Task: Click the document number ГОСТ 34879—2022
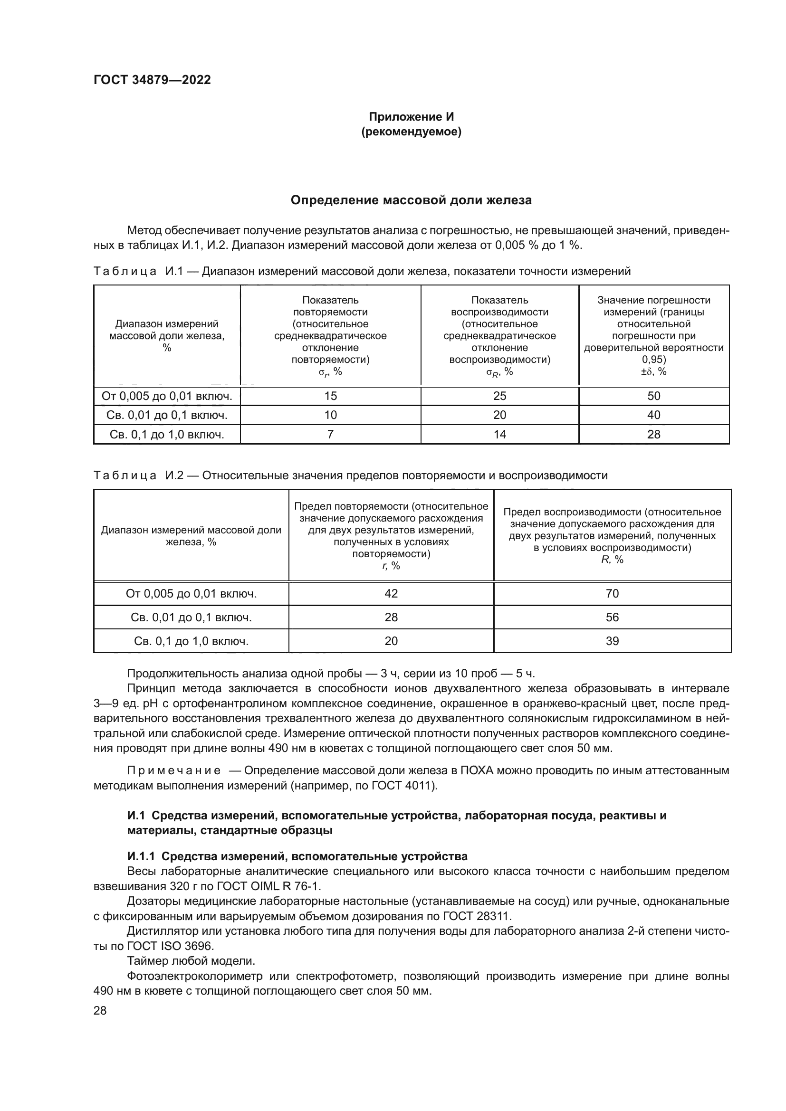point(152,80)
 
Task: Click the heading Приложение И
point(411,117)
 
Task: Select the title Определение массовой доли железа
point(411,200)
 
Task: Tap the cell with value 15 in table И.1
point(330,396)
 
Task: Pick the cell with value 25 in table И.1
point(499,396)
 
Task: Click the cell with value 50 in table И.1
point(653,396)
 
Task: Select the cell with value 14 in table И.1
point(499,434)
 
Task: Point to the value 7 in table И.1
point(330,434)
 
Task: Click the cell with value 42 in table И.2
point(391,593)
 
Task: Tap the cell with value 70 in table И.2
point(612,593)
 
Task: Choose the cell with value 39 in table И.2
point(612,641)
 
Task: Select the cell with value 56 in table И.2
point(612,617)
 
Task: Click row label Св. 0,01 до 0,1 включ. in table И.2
point(191,617)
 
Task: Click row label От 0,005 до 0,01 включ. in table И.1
point(167,396)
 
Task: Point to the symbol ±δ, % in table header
point(653,371)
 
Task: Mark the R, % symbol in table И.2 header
point(612,560)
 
